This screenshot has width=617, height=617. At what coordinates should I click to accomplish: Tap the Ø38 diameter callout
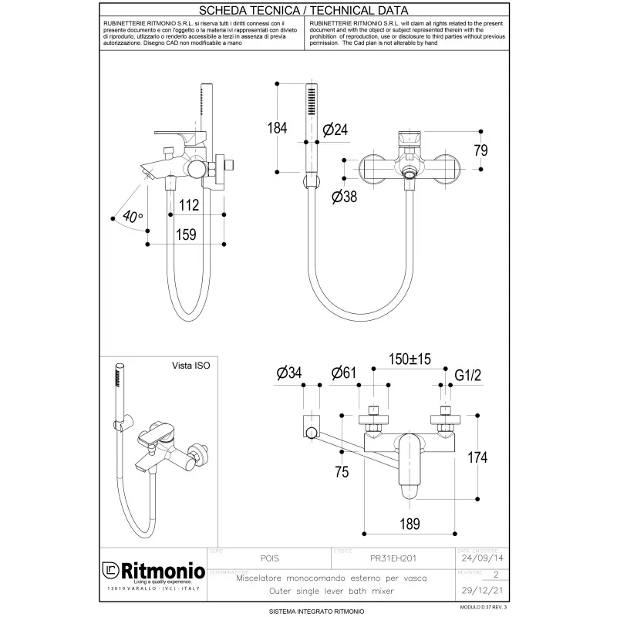[x=343, y=197]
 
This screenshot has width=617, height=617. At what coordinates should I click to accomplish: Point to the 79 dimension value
[x=480, y=150]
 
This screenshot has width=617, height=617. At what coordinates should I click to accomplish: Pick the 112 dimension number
[x=189, y=204]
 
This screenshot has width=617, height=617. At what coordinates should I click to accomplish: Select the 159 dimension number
[x=186, y=234]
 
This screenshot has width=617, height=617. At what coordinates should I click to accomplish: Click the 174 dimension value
[x=478, y=457]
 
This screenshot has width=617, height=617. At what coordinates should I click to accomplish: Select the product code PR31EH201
[x=396, y=558]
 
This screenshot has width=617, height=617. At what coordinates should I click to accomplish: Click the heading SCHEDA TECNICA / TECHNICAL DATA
[x=304, y=12]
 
